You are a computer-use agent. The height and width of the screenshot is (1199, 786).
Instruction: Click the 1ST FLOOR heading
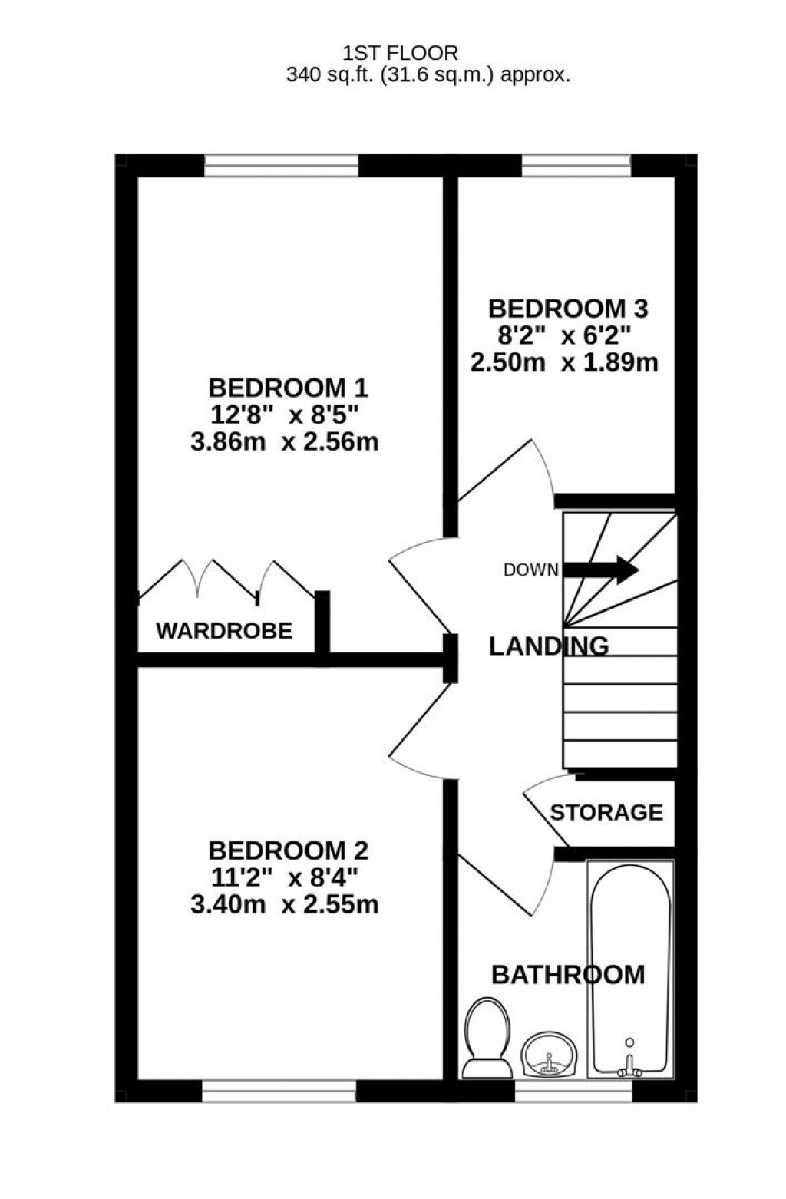point(400,52)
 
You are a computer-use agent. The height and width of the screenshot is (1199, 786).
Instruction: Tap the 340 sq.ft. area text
point(428,74)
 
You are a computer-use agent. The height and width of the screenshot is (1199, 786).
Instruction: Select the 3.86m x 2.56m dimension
point(285,442)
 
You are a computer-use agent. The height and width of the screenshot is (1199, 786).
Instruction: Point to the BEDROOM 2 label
point(288,851)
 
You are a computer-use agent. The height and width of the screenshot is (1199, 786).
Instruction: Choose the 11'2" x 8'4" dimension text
point(285,877)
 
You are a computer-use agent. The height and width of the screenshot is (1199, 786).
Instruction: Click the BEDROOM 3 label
point(568,309)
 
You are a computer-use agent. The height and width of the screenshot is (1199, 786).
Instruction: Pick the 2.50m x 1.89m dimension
point(564,362)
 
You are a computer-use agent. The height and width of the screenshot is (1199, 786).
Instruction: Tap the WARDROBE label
point(224,631)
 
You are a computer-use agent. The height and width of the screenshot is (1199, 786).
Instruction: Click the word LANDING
point(549,646)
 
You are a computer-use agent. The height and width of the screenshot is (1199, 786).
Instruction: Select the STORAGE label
point(606,812)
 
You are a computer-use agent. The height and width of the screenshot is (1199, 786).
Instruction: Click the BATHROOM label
point(568,975)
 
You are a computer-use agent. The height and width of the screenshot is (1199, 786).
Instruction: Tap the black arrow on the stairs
point(601,570)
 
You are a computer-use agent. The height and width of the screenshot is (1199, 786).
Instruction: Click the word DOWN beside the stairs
point(530,570)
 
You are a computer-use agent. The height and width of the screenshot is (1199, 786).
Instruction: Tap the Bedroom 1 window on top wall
point(282,165)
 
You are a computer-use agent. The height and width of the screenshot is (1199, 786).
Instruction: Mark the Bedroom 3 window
point(576,165)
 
